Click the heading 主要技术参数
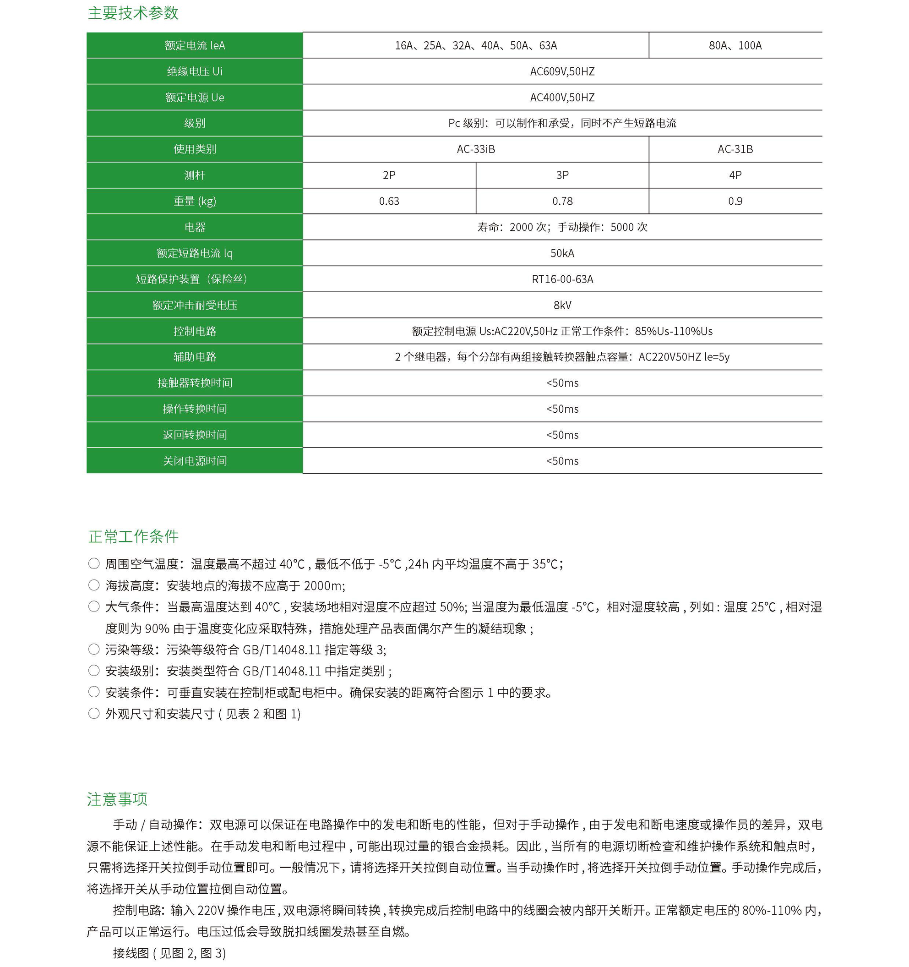pos(133,13)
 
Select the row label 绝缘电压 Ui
pos(195,71)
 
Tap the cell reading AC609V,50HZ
pos(562,71)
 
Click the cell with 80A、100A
pos(735,46)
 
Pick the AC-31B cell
pos(735,149)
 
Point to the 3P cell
pos(562,175)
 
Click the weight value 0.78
pos(562,202)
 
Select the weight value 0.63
pos(389,202)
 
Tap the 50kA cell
pos(562,253)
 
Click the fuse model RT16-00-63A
pos(562,279)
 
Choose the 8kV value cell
pos(562,306)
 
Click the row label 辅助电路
pos(195,357)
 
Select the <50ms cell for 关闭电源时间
pos(562,461)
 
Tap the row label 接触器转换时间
pos(195,383)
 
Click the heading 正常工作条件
pos(133,536)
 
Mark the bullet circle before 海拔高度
pos(94,585)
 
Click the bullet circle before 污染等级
pos(94,650)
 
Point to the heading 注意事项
pos(117,799)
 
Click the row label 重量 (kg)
pos(195,202)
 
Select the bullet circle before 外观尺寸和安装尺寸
pos(94,714)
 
